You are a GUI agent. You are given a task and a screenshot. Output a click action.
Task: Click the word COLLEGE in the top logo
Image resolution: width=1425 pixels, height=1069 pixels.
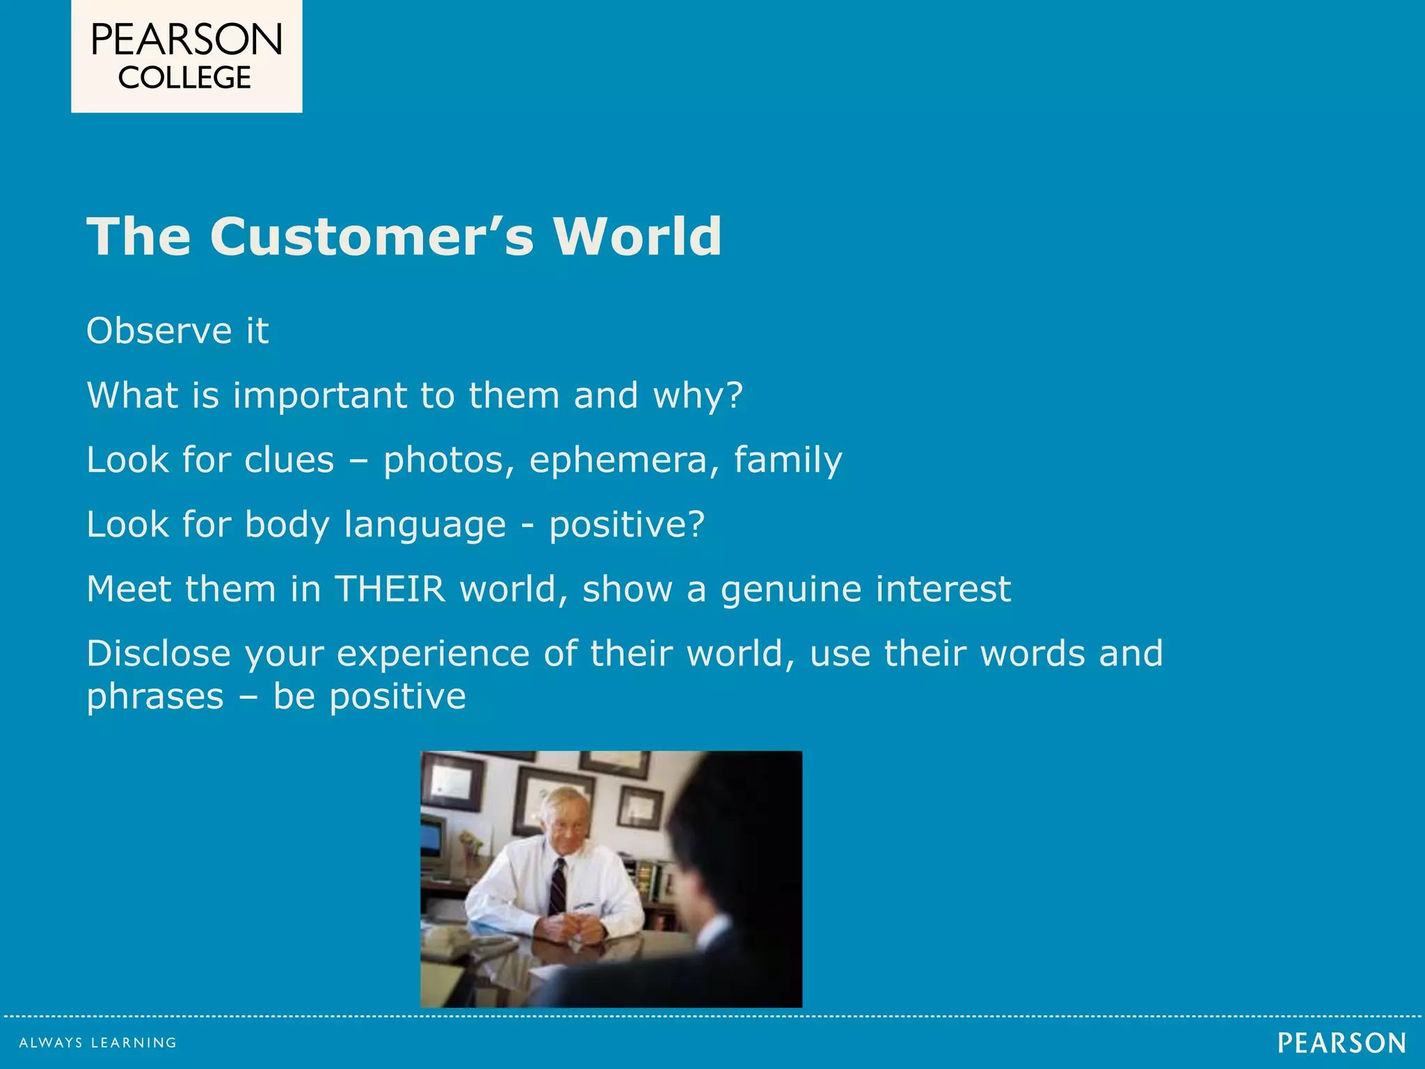click(184, 77)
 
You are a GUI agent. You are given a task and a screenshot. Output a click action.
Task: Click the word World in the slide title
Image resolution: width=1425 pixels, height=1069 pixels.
click(637, 237)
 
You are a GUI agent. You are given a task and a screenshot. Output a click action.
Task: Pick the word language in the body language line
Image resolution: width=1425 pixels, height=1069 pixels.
click(424, 525)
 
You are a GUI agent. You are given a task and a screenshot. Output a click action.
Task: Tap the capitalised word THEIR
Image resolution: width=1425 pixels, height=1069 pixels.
click(390, 589)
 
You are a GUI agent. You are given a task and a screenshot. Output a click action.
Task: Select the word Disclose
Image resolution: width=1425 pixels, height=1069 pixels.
click(159, 654)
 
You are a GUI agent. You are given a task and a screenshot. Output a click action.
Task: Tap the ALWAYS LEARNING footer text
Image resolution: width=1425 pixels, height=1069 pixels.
click(98, 1043)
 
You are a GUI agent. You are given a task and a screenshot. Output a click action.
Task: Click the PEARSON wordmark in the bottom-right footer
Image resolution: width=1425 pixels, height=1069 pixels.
click(1342, 1043)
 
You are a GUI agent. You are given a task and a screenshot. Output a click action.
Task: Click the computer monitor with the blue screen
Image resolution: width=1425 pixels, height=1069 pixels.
click(433, 839)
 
